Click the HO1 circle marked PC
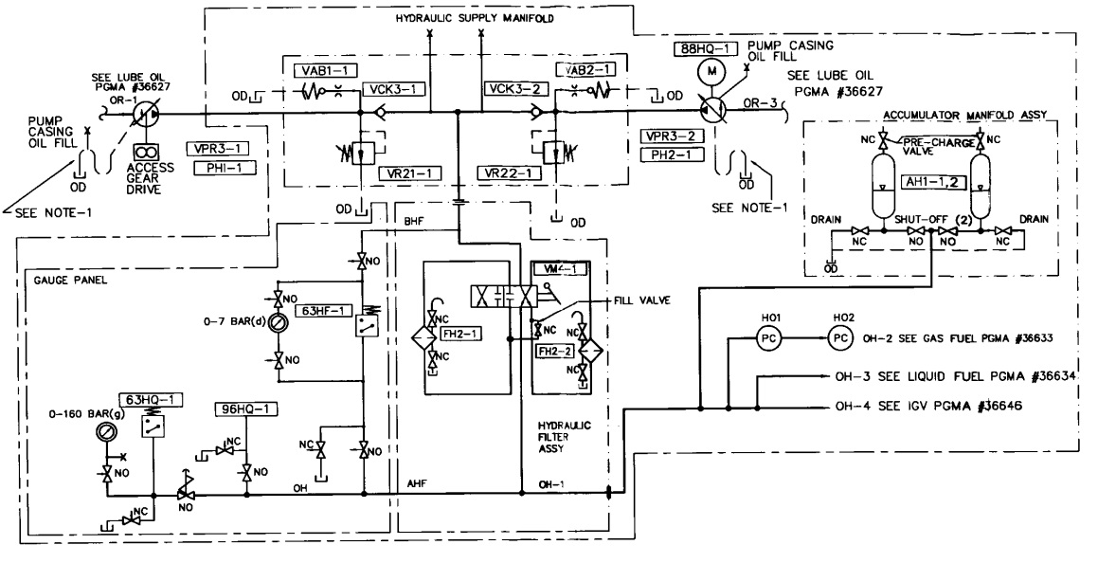[x=766, y=337]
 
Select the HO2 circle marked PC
[x=838, y=337]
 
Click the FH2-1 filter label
[x=459, y=333]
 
